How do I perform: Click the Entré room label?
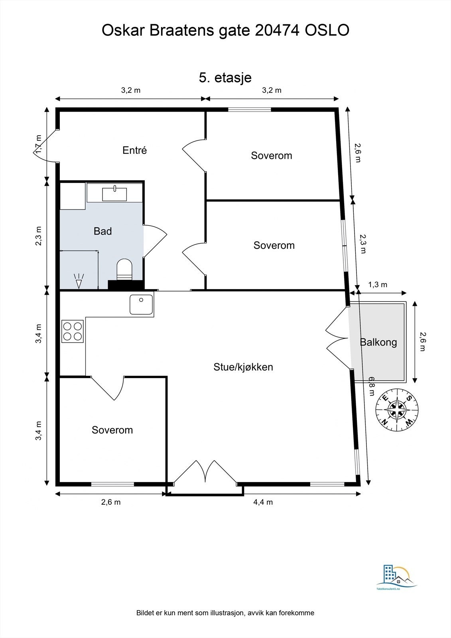(x=134, y=150)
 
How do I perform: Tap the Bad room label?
(x=102, y=231)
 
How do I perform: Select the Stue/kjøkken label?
(x=243, y=367)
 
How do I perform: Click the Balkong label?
(x=378, y=342)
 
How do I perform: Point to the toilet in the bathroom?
(x=124, y=268)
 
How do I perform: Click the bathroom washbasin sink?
(x=114, y=194)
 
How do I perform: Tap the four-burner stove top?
(x=73, y=331)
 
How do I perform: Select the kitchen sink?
(x=141, y=305)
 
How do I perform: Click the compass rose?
(x=397, y=410)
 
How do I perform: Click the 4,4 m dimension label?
(x=263, y=502)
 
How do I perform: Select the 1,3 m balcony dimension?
(x=377, y=285)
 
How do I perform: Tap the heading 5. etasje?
(x=225, y=77)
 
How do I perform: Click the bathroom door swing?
(x=155, y=240)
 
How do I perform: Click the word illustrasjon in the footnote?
(x=225, y=613)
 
